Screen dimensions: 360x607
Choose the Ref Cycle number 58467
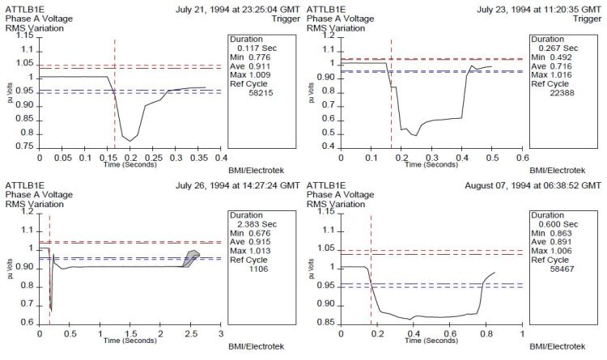tap(564, 269)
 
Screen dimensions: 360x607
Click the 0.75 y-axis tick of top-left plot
tap(24, 146)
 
